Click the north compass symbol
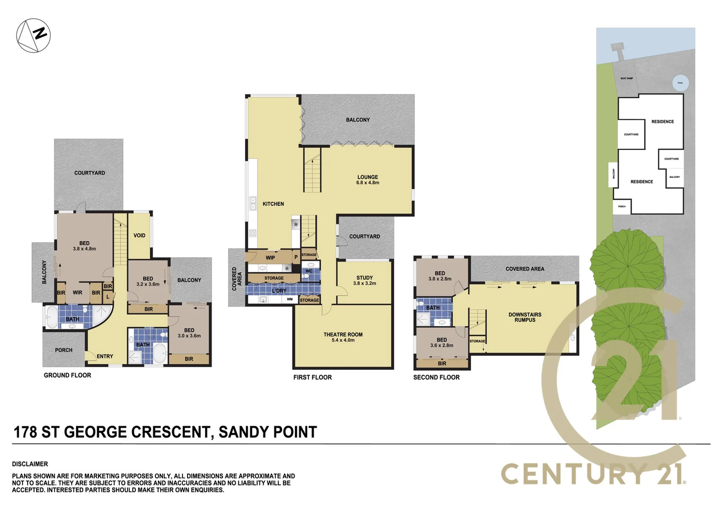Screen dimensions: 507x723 (33, 36)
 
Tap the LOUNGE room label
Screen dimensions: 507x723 (367, 177)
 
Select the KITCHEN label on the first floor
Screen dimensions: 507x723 (273, 204)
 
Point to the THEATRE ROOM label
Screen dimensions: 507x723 (343, 335)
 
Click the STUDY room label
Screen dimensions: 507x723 (365, 278)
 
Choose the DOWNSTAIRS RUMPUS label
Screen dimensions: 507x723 (525, 317)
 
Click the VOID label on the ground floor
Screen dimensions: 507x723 (139, 236)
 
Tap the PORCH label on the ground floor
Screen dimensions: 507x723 (64, 350)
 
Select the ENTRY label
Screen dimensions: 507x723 (105, 356)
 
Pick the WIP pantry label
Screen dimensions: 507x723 (270, 258)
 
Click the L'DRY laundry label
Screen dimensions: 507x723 (279, 291)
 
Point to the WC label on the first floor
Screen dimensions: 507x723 (309, 271)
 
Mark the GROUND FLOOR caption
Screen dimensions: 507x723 (68, 375)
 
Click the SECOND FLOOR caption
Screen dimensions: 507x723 (436, 377)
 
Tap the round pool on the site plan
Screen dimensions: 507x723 (680, 83)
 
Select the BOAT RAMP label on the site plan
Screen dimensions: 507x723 (626, 78)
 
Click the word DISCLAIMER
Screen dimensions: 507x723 (30, 464)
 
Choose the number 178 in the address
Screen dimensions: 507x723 (25, 432)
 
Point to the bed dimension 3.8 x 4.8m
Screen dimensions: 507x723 (84, 249)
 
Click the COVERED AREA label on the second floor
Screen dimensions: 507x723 (525, 269)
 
